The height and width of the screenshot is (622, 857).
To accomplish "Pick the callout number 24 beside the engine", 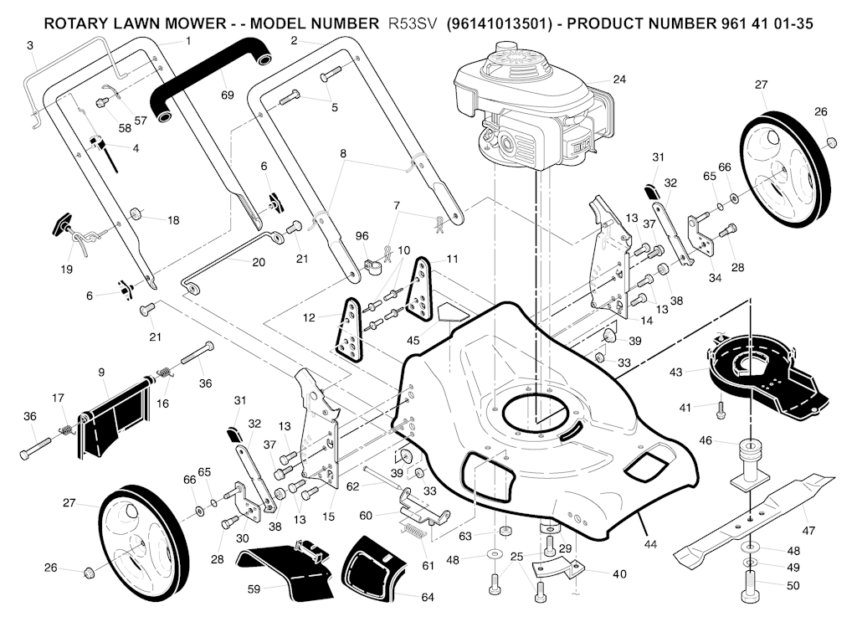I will (619, 80).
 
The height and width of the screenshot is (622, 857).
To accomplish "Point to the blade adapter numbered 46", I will (752, 465).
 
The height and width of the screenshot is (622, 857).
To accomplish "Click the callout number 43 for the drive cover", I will (676, 371).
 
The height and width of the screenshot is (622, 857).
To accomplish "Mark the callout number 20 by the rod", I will (259, 262).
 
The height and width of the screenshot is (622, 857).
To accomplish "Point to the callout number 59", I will (254, 589).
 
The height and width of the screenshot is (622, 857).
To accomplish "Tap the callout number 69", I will (228, 95).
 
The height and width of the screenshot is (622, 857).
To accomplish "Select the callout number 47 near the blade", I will (808, 532).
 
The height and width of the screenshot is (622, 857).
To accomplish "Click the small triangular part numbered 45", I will (452, 311).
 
